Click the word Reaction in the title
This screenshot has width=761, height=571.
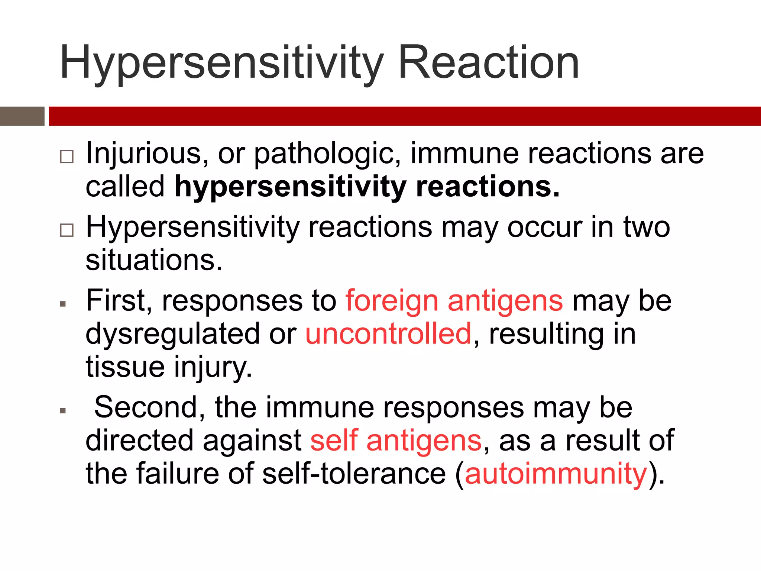pos(488,62)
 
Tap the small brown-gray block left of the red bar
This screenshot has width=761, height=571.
pos(22,116)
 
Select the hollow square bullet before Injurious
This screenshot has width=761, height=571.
pos(67,157)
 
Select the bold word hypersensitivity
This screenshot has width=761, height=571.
pos(290,187)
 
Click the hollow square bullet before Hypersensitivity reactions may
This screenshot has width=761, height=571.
pos(67,230)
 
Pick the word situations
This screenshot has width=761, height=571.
pos(154,260)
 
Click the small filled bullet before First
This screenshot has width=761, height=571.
pos(63,304)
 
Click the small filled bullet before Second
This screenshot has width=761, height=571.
pos(63,411)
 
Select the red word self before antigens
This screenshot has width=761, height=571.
pos(334,441)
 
